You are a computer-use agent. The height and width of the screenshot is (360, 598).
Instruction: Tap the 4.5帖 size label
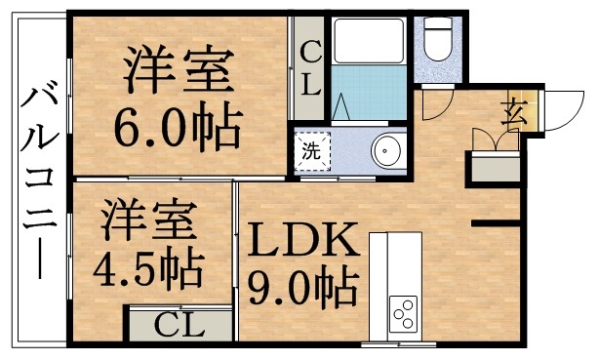149,264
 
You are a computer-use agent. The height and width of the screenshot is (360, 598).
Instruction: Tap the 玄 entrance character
513,113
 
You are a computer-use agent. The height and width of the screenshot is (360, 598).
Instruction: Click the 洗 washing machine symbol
312,151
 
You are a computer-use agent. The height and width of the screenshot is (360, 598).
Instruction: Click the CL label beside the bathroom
310,67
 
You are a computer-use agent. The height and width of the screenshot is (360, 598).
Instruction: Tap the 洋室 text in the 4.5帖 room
146,217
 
